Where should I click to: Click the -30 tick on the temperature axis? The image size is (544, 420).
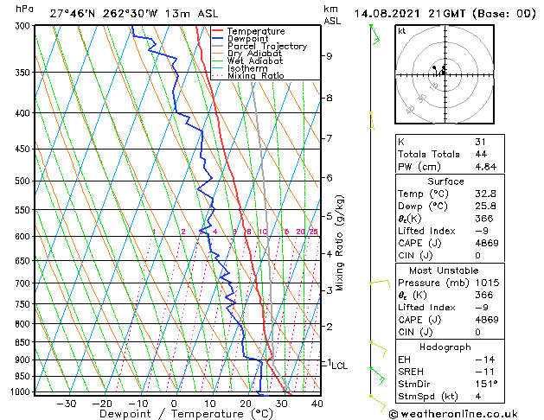(66, 403)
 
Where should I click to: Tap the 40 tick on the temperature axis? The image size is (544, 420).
(317, 403)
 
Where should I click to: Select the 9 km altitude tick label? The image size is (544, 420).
(329, 56)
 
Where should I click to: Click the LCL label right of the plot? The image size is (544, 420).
(339, 366)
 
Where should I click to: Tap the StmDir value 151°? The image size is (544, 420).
(486, 384)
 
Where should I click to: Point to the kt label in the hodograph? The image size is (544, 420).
(402, 31)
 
